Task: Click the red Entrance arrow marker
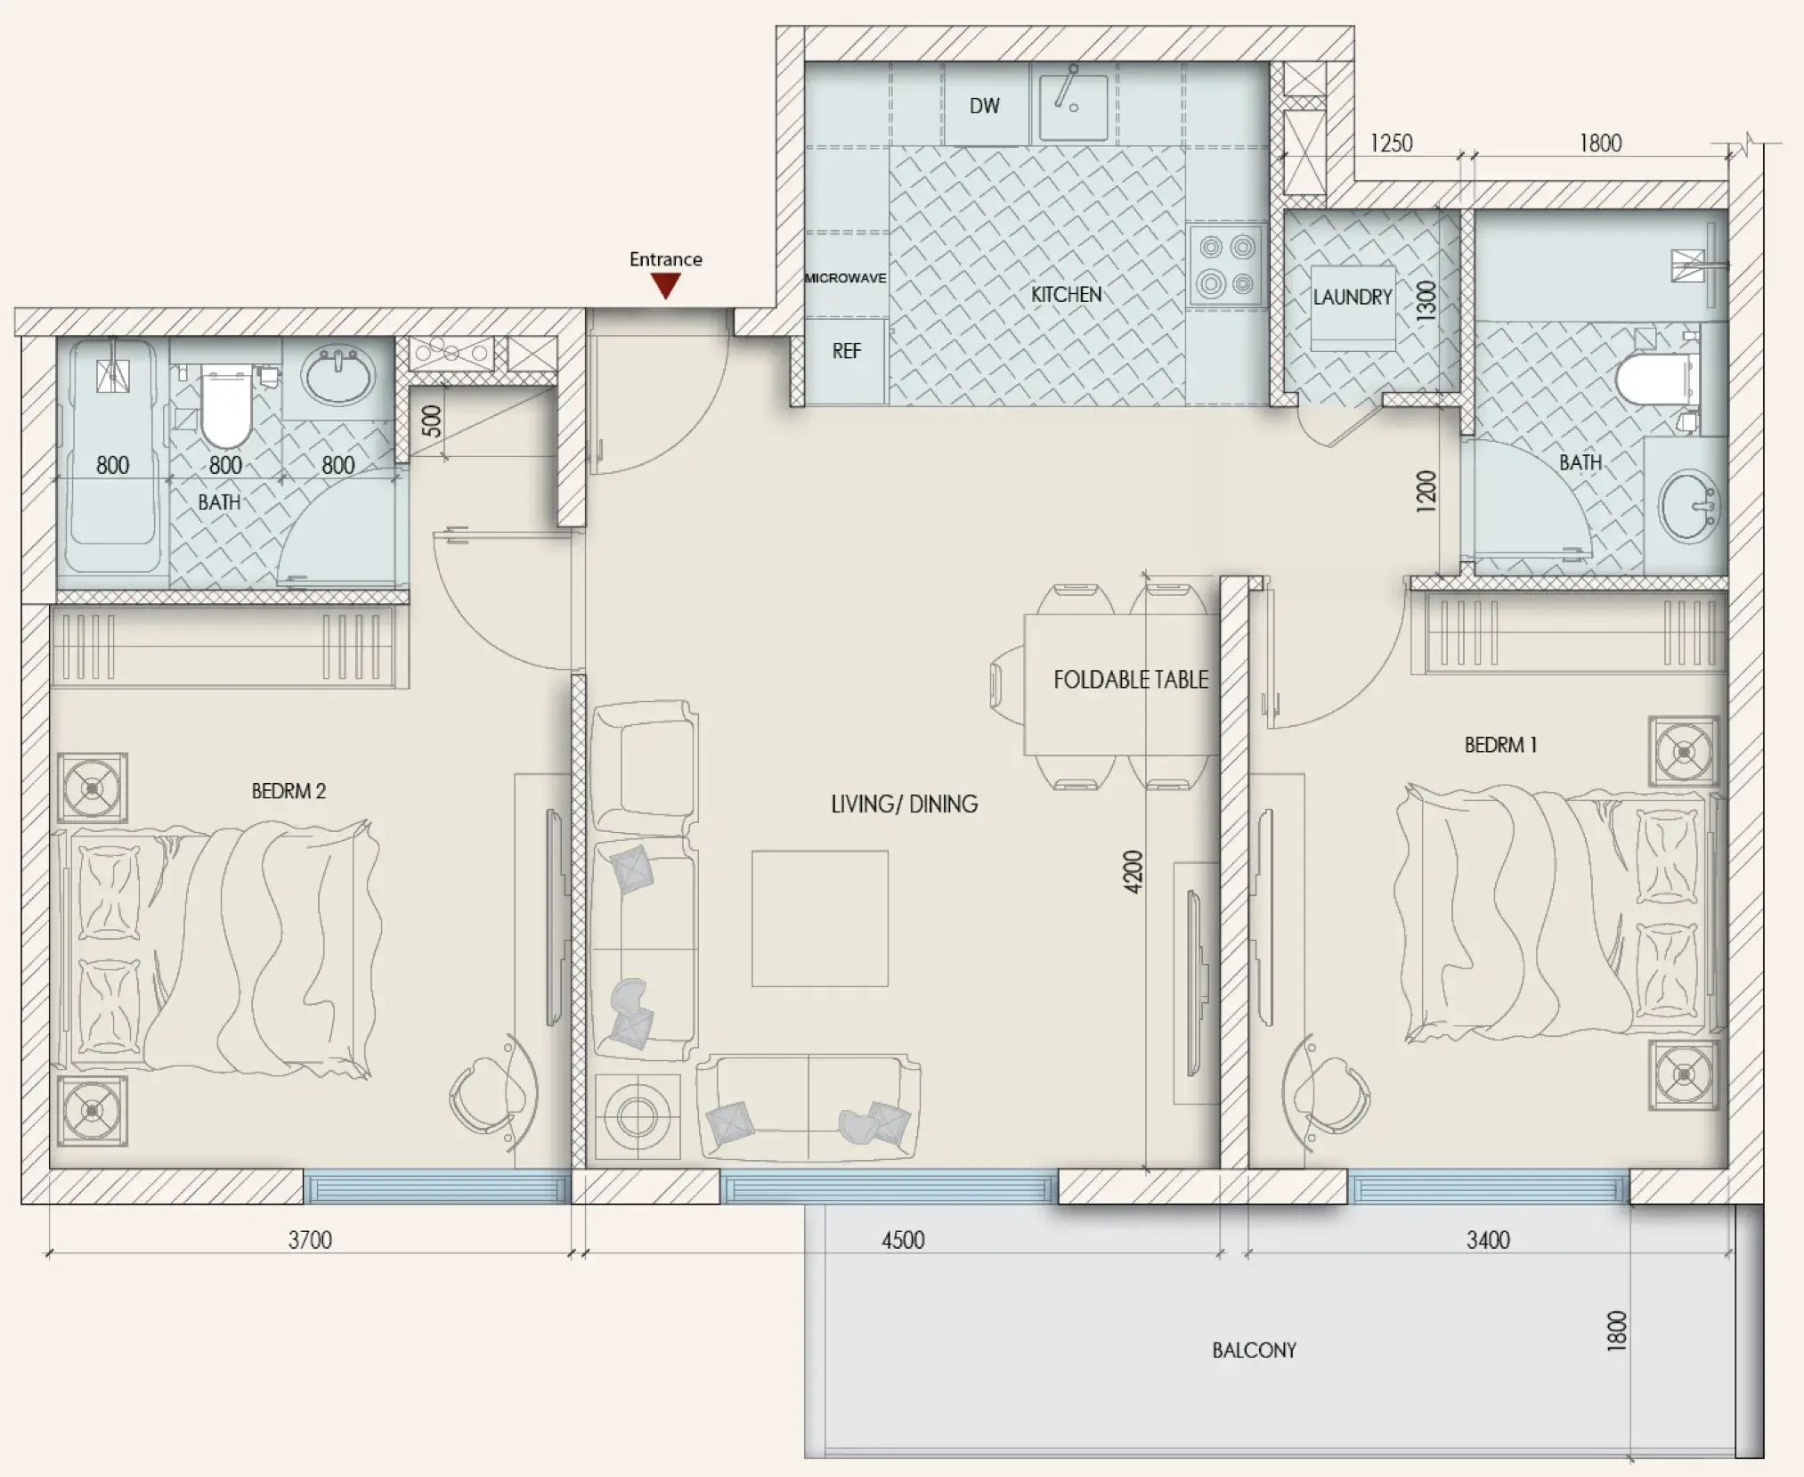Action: tap(666, 286)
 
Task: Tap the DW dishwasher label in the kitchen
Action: tap(984, 106)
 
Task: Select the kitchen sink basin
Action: tap(1074, 108)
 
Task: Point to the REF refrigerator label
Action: tap(846, 351)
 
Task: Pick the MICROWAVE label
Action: tap(845, 278)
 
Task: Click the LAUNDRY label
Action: tap(1352, 297)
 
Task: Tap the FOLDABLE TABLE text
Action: tap(1131, 680)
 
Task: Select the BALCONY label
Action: tap(1254, 1350)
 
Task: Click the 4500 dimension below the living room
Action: tap(903, 1239)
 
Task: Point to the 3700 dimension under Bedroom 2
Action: tap(310, 1239)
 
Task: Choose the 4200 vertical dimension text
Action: tap(1132, 872)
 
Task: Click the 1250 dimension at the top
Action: tap(1391, 143)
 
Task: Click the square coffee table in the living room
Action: tap(819, 918)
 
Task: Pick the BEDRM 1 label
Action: tap(1500, 745)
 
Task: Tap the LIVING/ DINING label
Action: tap(904, 804)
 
